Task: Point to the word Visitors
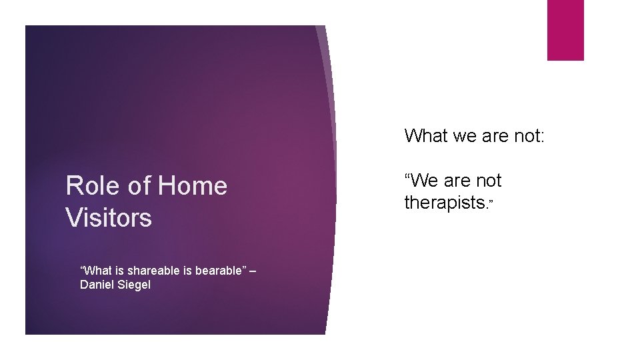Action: (x=109, y=218)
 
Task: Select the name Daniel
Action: (x=97, y=285)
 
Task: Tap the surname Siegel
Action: (x=135, y=285)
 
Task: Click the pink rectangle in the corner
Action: (x=565, y=30)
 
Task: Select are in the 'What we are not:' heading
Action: (x=497, y=136)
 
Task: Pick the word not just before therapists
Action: (x=489, y=181)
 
